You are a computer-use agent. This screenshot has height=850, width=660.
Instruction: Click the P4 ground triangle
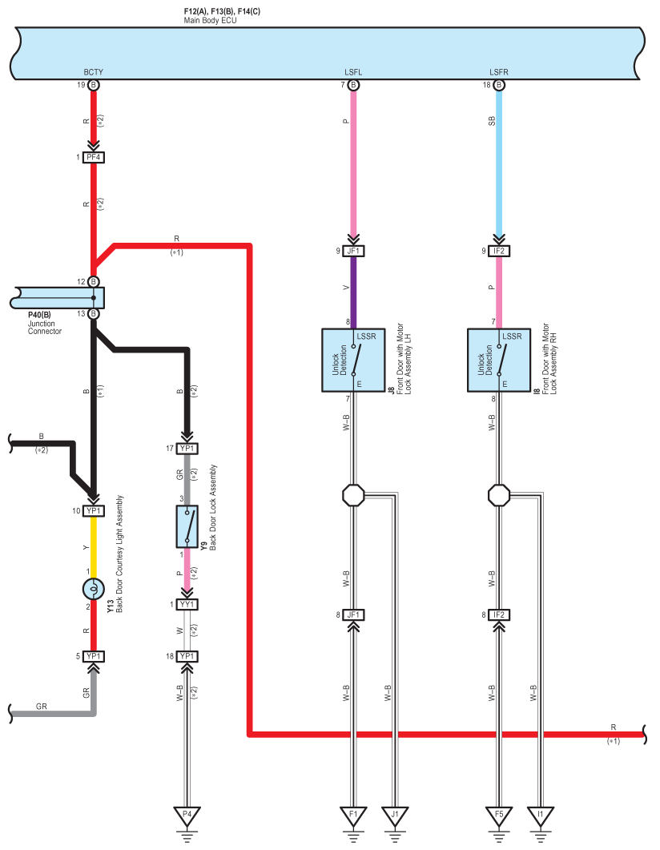187,816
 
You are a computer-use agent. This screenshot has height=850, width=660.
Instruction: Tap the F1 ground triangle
353,816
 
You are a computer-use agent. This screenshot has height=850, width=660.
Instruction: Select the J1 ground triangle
395,816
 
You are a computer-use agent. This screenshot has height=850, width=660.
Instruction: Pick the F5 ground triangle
499,816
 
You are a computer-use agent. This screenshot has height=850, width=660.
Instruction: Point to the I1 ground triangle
540,816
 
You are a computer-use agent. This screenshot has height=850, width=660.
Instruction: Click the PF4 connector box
94,157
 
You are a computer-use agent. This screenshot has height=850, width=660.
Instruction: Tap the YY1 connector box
187,604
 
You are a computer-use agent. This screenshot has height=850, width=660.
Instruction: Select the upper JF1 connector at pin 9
353,251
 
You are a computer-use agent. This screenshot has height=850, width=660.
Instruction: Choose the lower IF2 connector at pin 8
499,614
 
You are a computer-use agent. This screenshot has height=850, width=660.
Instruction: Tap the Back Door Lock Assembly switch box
187,526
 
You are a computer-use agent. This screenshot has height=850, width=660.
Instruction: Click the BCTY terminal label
93,72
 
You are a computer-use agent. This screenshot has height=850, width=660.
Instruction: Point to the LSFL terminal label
353,72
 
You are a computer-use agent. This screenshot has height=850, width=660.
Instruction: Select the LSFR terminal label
499,72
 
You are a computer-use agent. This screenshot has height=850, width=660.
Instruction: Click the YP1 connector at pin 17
187,449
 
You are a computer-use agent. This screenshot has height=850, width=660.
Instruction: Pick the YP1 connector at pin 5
94,656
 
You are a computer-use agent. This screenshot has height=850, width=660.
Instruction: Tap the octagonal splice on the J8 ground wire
353,495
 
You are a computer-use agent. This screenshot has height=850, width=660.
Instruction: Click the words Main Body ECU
210,21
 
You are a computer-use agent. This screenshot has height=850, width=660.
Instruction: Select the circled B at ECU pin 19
94,85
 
